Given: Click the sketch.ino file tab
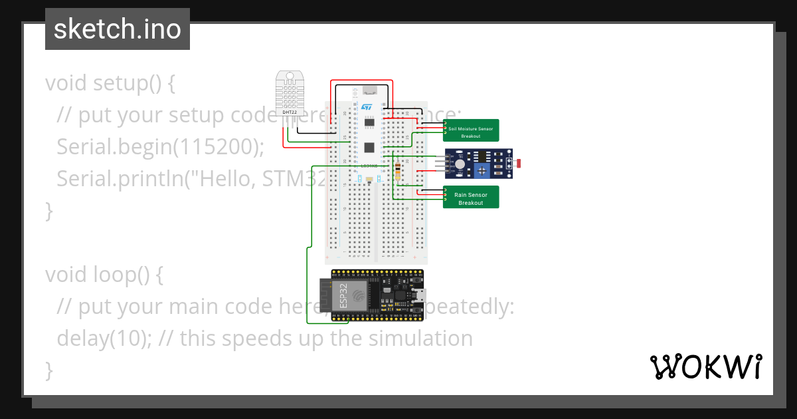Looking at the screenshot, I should [118, 29].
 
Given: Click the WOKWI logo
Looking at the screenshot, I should [705, 366].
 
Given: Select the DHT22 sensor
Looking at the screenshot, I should [290, 92].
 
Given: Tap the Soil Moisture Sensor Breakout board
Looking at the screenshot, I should [471, 130].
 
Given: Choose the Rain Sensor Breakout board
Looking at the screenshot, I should [471, 198].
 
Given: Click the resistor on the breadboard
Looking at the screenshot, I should [398, 171].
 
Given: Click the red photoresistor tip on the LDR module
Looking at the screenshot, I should [519, 163].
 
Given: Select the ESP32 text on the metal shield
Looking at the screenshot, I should [343, 294].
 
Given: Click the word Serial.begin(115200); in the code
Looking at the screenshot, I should [160, 146].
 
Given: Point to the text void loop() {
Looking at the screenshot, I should [104, 274].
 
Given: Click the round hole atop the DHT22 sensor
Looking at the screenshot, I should [290, 76].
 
